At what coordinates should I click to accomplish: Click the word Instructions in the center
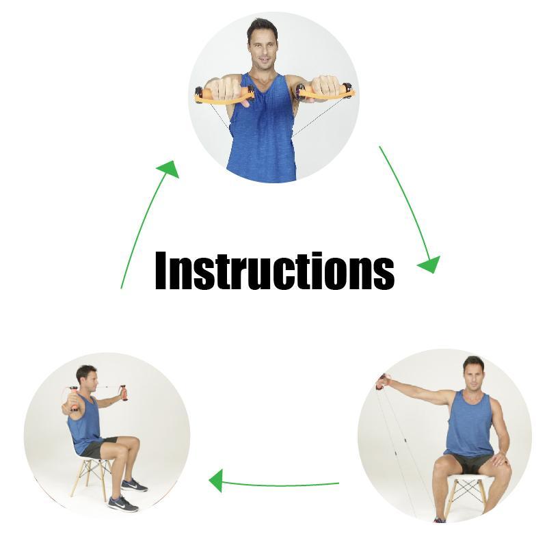point(275,271)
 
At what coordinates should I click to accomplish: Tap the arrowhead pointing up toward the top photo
point(169,169)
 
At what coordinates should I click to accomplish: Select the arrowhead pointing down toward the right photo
point(430,264)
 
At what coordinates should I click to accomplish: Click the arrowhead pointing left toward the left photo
point(216,481)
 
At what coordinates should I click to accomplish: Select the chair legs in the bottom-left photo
point(92,478)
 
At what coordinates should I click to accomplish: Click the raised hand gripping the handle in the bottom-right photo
point(382,382)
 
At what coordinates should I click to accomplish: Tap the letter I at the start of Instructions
point(161,271)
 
